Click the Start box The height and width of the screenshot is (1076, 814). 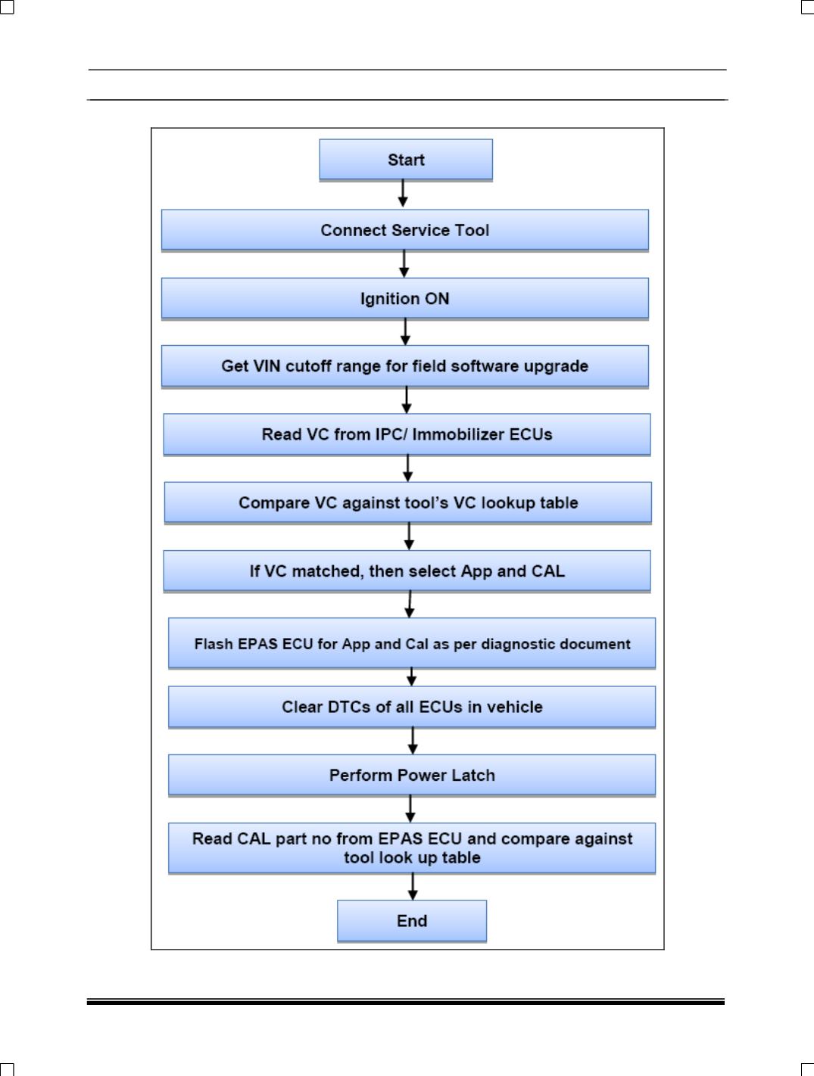406,160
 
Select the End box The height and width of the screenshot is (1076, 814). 412,921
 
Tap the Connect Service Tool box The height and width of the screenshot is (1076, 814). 405,230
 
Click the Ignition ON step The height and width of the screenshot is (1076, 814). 405,299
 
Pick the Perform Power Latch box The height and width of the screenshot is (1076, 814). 412,775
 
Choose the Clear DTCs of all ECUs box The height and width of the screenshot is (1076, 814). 412,707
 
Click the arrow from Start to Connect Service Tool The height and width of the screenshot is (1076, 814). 403,194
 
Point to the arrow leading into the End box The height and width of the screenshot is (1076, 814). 413,887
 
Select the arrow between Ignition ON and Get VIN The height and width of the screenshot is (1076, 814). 406,332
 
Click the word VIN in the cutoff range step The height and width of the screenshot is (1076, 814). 267,366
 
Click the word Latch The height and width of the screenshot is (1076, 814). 473,775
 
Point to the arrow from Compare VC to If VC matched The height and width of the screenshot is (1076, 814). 410,536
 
